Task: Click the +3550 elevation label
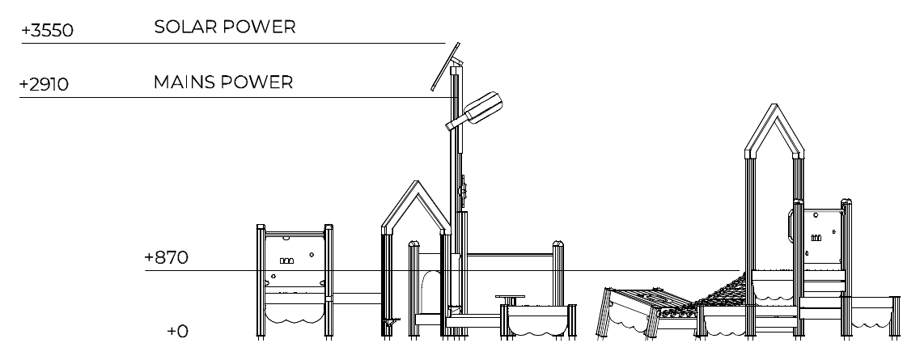click(x=48, y=31)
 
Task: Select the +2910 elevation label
click(x=44, y=84)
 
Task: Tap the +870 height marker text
click(x=167, y=257)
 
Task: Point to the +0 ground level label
click(x=178, y=331)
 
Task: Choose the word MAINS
click(x=184, y=82)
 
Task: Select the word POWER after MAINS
click(x=257, y=82)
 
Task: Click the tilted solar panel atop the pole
click(x=446, y=66)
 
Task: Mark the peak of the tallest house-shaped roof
click(x=774, y=105)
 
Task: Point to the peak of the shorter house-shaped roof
click(x=417, y=181)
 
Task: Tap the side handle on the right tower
click(x=792, y=225)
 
